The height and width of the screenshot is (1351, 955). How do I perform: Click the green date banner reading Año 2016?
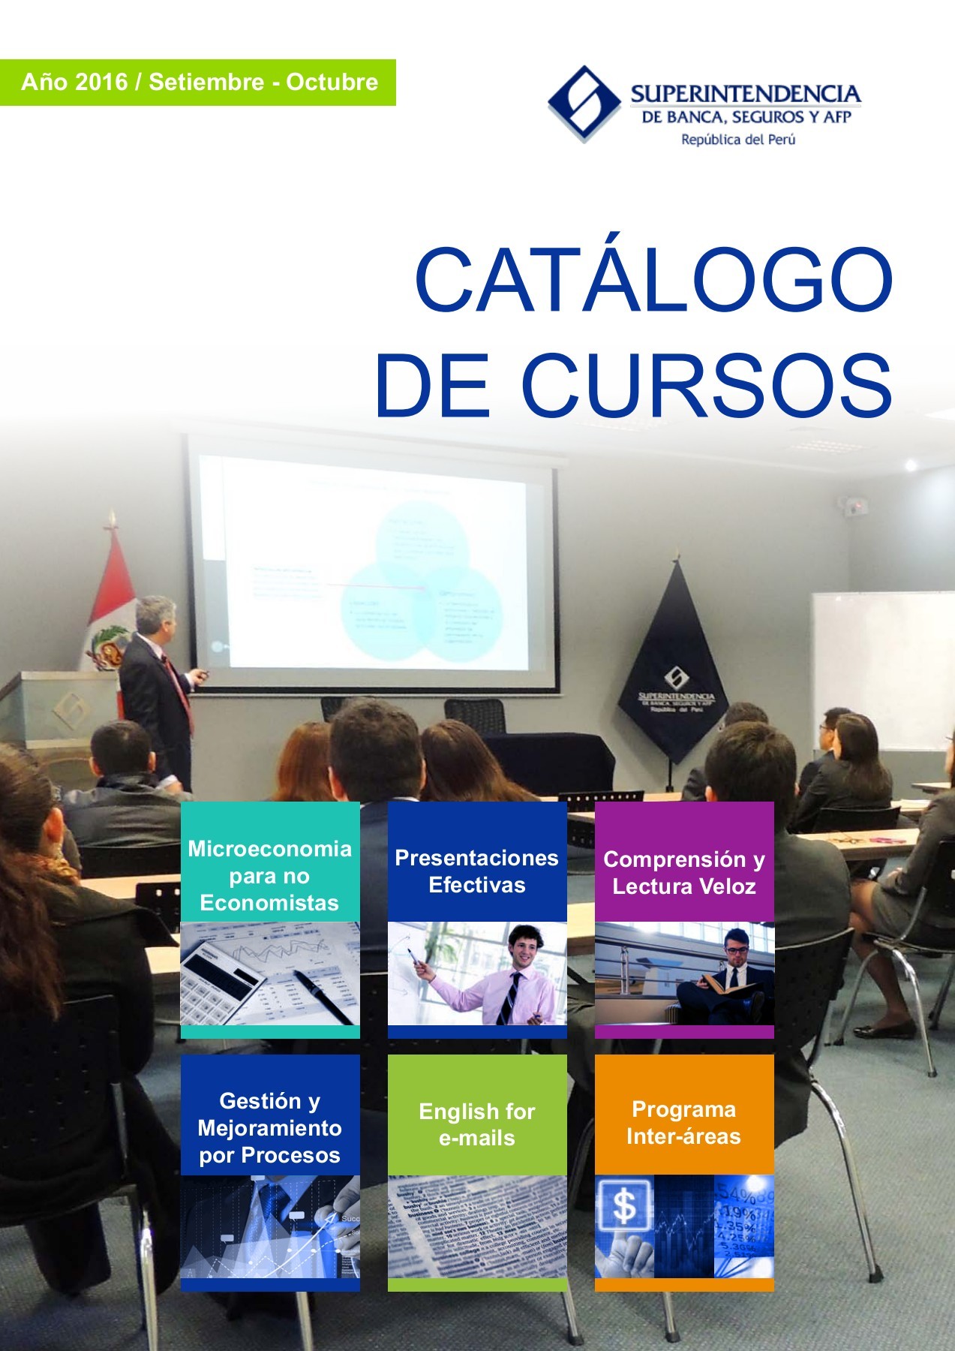(x=199, y=82)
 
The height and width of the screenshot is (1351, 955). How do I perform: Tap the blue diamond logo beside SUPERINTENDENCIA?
(x=583, y=104)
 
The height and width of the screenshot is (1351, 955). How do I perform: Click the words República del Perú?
(x=737, y=140)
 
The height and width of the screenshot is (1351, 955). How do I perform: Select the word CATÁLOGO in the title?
(x=653, y=279)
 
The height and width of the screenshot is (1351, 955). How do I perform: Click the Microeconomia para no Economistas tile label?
(x=269, y=875)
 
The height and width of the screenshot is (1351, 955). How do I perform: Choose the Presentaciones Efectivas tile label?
(x=476, y=871)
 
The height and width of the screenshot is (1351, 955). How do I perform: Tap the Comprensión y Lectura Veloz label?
(x=683, y=872)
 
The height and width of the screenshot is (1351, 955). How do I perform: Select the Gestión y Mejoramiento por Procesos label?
(x=269, y=1127)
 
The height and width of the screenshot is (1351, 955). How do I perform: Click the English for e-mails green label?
(x=476, y=1124)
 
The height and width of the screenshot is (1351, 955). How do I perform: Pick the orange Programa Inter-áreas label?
(x=683, y=1122)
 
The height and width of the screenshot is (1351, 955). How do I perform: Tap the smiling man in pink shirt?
(x=518, y=976)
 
